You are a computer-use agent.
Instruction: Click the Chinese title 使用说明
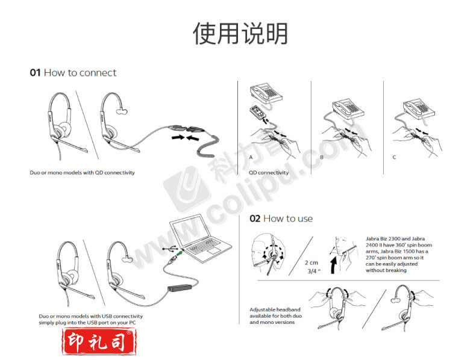pos(240,34)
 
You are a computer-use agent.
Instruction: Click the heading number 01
pos(35,73)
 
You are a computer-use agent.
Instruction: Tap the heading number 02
pos(255,219)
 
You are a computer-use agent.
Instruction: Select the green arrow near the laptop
pos(180,252)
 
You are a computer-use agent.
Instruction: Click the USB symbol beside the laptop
pos(170,249)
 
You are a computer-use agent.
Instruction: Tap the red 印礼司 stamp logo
pos(99,341)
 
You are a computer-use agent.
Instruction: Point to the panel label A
pos(251,157)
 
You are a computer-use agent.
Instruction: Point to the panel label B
pos(322,157)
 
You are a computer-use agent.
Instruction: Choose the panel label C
pos(394,157)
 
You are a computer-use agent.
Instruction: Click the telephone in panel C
pos(419,108)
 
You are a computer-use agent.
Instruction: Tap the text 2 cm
pos(312,262)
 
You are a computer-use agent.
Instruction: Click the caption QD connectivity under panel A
pos(269,173)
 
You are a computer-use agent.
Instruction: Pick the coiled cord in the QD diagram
pos(208,146)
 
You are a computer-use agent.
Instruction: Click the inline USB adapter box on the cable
pos(180,288)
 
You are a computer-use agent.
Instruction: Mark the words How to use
pos(288,219)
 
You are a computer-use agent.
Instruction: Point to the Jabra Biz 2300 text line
pos(395,238)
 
